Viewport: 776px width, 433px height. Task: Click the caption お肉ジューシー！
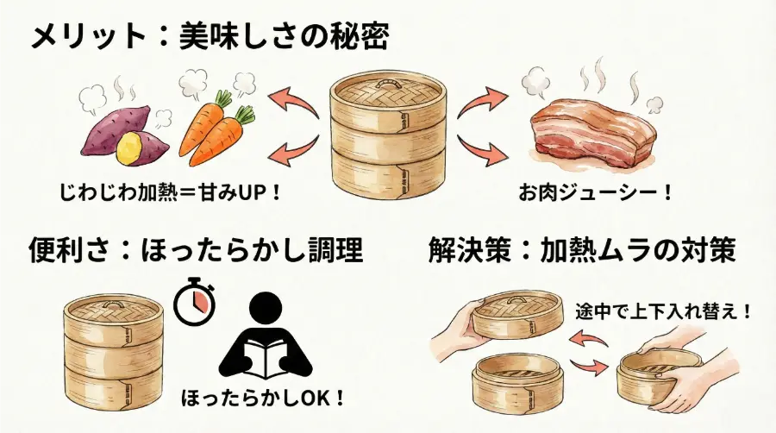[x=596, y=192]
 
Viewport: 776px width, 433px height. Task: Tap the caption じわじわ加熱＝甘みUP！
[x=170, y=192]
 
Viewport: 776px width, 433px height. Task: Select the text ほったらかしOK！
[x=263, y=398]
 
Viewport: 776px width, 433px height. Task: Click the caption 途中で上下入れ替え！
[x=664, y=311]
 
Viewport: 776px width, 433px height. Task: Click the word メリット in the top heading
[x=89, y=36]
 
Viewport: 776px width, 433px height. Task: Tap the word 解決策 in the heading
[x=471, y=249]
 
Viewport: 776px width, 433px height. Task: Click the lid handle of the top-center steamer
[x=387, y=84]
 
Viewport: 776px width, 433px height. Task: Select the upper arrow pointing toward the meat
[x=482, y=103]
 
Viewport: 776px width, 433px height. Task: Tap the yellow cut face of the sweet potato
[x=130, y=147]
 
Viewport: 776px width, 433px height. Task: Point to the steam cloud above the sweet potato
[x=92, y=100]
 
